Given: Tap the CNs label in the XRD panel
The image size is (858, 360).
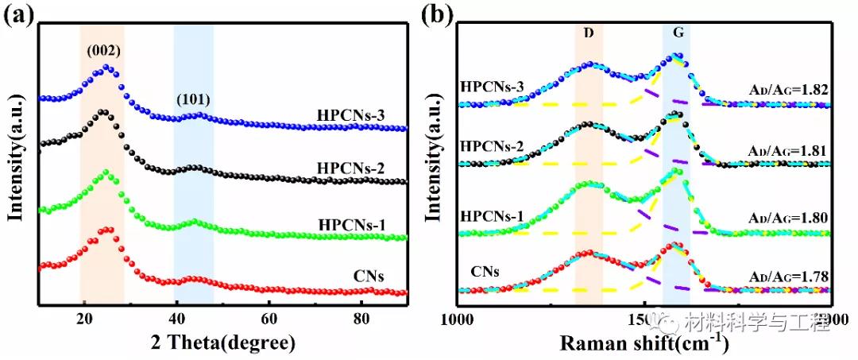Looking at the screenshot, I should tap(369, 277).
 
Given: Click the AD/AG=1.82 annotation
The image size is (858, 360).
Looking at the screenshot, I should tap(790, 91).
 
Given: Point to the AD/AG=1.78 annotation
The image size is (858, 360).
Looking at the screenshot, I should tap(790, 277).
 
